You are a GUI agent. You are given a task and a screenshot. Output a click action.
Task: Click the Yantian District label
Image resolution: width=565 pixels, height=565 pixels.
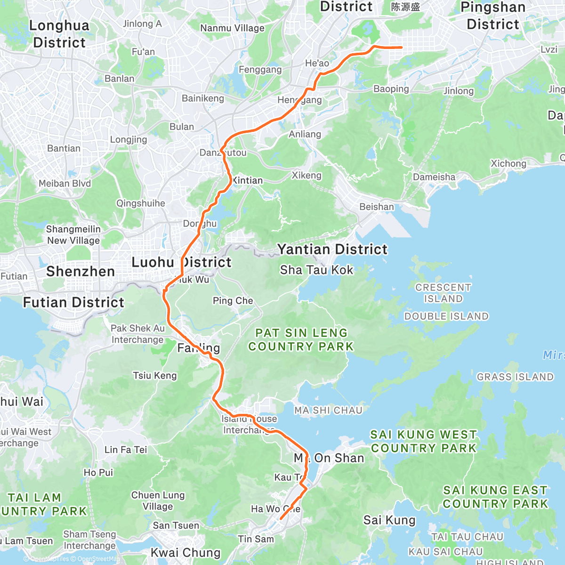(332, 249)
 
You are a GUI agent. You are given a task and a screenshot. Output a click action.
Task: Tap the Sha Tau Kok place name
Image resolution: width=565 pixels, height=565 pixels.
(316, 270)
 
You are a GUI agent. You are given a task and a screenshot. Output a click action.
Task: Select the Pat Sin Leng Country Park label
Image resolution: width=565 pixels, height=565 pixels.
(301, 339)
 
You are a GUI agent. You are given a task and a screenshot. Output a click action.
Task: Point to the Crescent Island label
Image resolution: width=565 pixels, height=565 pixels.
(443, 293)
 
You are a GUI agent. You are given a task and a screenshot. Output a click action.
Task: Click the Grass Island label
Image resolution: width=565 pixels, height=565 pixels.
(515, 377)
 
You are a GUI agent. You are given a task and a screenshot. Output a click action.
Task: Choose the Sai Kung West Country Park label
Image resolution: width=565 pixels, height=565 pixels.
(424, 441)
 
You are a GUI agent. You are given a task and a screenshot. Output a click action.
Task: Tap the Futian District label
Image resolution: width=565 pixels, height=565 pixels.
(74, 302)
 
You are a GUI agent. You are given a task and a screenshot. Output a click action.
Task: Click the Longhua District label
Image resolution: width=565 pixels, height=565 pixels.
(59, 34)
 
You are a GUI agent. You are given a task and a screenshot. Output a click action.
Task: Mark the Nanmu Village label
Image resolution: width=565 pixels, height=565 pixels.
(232, 28)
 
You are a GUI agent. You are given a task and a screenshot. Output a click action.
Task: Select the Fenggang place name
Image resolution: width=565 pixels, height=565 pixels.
(260, 70)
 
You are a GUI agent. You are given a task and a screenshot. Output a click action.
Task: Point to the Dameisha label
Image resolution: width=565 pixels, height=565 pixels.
(434, 177)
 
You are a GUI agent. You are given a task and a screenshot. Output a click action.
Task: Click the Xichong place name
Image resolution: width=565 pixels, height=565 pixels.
(508, 163)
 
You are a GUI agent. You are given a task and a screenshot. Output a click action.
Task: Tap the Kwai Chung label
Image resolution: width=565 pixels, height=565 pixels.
(186, 552)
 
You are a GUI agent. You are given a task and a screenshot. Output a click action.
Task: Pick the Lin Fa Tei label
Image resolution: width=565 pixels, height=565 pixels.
(126, 450)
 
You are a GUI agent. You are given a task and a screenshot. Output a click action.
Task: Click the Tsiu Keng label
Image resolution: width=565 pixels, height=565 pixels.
(155, 375)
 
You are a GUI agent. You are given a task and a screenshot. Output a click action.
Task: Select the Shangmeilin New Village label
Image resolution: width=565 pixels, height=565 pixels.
(73, 234)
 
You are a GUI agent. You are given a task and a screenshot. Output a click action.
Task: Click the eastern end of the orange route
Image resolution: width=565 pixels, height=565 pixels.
(401, 48)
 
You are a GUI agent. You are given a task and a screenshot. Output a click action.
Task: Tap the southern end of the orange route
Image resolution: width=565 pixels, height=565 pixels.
(281, 519)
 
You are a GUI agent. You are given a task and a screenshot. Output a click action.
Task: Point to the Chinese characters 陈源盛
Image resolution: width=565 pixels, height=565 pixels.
(405, 7)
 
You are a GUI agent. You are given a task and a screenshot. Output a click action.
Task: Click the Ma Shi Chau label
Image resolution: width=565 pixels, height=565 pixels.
(328, 410)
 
